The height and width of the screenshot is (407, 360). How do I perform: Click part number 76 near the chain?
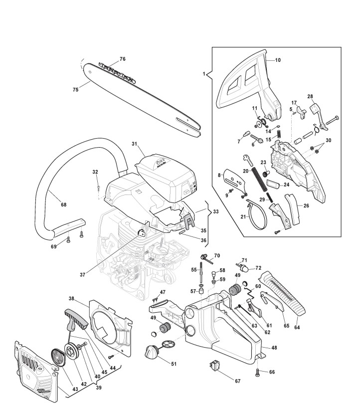(122, 59)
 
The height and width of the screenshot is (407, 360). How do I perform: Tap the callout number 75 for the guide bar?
(75, 90)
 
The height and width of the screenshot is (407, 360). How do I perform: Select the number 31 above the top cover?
(134, 144)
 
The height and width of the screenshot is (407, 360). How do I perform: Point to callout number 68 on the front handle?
(63, 204)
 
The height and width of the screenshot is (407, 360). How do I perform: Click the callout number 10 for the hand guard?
(278, 60)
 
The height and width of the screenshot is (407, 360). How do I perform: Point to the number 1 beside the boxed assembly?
(204, 74)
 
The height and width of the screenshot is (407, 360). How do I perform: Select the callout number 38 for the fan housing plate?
(72, 299)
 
